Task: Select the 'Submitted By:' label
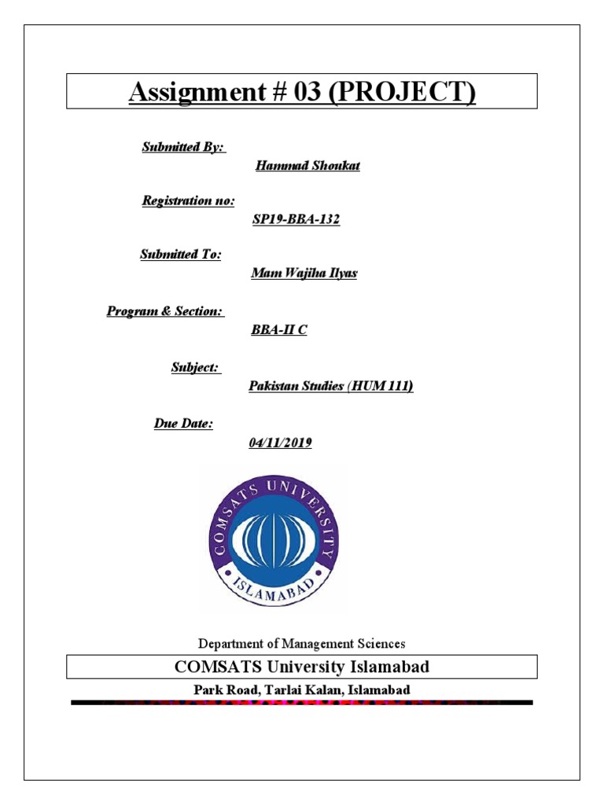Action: pyautogui.click(x=183, y=147)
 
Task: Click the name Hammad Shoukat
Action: pyautogui.click(x=308, y=166)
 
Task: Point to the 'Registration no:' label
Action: pyautogui.click(x=188, y=201)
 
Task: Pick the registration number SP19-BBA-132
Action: pyautogui.click(x=296, y=220)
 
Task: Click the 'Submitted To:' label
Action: pyautogui.click(x=181, y=255)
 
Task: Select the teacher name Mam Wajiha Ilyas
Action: pyautogui.click(x=304, y=274)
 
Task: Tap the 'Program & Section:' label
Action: pyautogui.click(x=165, y=311)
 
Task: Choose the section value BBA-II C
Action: pyautogui.click(x=278, y=330)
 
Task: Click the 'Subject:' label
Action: pyautogui.click(x=197, y=367)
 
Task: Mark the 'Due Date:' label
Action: pyautogui.click(x=183, y=424)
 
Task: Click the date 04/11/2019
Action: pyautogui.click(x=280, y=443)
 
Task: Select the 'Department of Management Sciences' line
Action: pyautogui.click(x=302, y=644)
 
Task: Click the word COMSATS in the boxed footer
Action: pyautogui.click(x=215, y=667)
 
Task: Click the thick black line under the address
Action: pyautogui.click(x=302, y=702)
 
